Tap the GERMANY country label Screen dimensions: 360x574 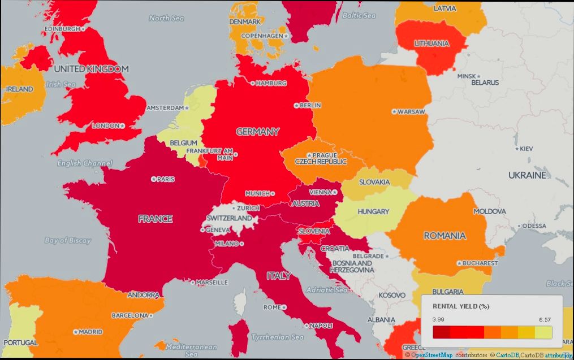point(257,132)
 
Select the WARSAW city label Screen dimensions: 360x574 point(411,112)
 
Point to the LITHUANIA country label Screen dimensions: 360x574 point(431,44)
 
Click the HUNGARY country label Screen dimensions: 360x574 point(373,212)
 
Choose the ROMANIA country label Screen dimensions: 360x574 point(444,236)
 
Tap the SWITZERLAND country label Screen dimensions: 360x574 point(229,218)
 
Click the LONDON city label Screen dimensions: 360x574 point(106,125)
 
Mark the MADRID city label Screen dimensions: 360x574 point(90,332)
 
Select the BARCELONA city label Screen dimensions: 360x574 point(130,315)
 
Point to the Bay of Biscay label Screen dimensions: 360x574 point(68,240)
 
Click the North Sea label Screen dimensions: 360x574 point(166,18)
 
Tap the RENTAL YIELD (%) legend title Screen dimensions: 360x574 point(460,306)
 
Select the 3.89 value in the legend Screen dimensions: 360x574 point(438,320)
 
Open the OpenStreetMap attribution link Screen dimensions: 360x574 point(431,355)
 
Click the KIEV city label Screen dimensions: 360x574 point(525,149)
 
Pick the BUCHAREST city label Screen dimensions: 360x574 point(480,263)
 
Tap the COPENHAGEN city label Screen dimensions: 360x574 point(262,36)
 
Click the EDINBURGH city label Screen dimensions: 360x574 point(62,28)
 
